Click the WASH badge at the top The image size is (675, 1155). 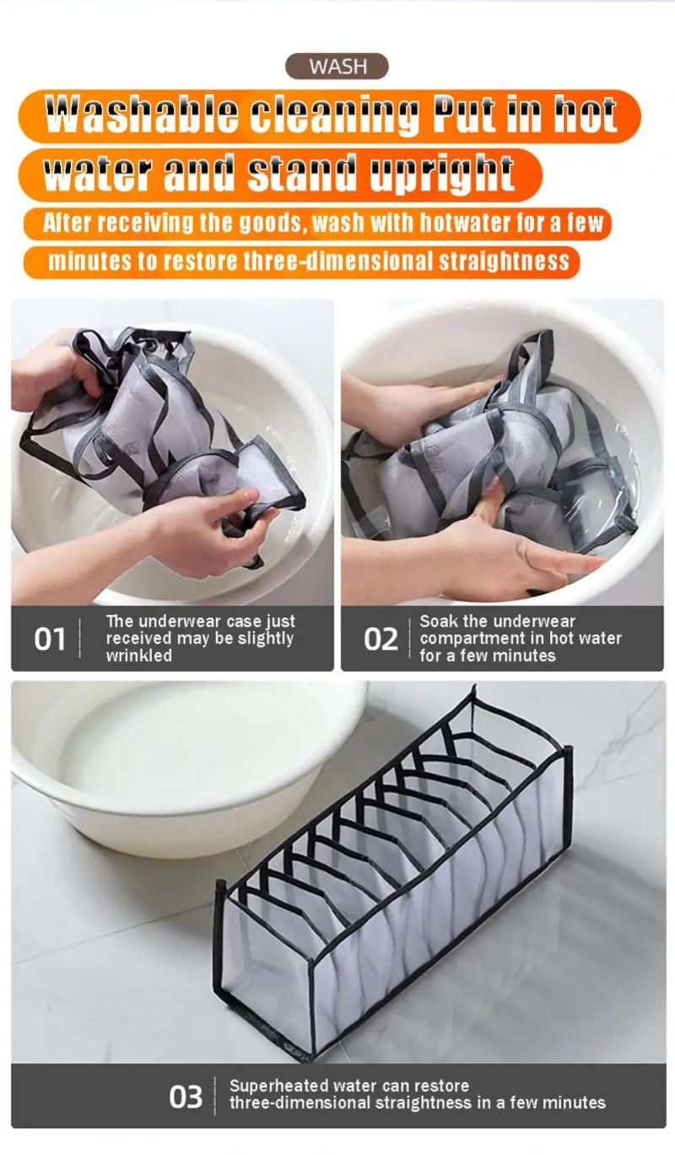pos(337,66)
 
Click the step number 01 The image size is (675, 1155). pos(49,639)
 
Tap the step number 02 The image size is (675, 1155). pos(380,639)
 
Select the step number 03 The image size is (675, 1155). pos(186,1096)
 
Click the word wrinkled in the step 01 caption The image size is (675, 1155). pos(138,656)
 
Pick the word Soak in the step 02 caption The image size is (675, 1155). pos(438,622)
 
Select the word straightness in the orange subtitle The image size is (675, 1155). pos(504,261)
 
